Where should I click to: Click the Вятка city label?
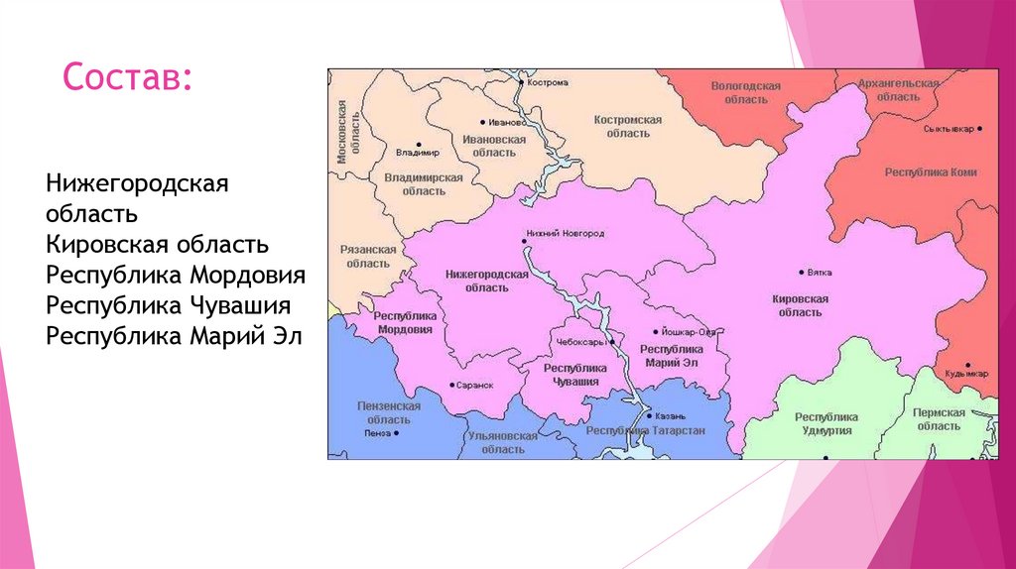pyautogui.click(x=820, y=273)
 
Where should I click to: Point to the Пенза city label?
pyautogui.click(x=377, y=433)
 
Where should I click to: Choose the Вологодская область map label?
pyautogui.click(x=745, y=93)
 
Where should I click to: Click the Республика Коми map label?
pyautogui.click(x=930, y=172)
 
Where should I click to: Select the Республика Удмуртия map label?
pyautogui.click(x=826, y=423)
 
